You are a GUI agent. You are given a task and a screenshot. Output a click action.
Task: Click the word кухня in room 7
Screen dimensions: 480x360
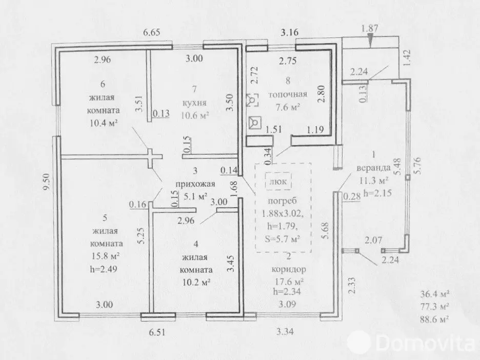pos(194,103)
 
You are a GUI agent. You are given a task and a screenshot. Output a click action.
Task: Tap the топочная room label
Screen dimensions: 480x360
pos(288,94)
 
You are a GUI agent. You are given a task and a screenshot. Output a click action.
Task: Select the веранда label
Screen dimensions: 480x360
pos(373,168)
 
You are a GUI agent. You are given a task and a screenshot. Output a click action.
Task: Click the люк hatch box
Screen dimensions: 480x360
pos(278,182)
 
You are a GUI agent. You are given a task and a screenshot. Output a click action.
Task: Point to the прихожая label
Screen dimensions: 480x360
pos(195,184)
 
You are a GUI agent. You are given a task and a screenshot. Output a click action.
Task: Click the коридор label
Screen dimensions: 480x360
pos(289,269)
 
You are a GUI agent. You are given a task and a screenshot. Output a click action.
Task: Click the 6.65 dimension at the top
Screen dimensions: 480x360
pos(152,32)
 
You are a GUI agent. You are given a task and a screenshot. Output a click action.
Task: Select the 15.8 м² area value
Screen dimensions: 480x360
pos(105,255)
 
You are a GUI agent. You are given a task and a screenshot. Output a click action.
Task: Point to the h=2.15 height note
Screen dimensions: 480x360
pos(377,193)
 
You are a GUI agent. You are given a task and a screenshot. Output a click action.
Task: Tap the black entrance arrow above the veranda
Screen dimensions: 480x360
pos(370,41)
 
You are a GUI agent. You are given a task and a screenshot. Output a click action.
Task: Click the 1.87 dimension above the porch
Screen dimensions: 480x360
pos(370,29)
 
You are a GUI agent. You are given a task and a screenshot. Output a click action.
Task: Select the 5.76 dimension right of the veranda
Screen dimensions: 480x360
pos(417,165)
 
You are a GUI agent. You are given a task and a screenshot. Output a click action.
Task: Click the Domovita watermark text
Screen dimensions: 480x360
pos(426,343)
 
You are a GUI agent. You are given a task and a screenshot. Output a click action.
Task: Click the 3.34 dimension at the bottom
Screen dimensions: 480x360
pos(285,331)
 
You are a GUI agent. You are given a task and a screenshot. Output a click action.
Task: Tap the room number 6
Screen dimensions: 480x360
pos(103,84)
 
